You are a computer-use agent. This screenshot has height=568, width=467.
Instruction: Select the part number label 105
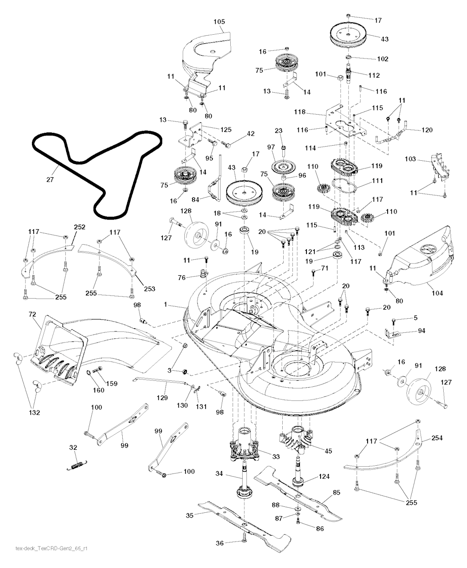pyautogui.click(x=219, y=21)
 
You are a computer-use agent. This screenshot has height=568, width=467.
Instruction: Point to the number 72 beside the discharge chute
pyautogui.click(x=32, y=314)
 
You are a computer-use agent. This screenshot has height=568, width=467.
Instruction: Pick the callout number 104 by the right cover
pyautogui.click(x=437, y=293)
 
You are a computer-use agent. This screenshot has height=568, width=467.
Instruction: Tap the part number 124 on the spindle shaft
pyautogui.click(x=324, y=476)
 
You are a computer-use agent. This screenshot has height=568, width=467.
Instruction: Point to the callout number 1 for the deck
pyautogui.click(x=166, y=305)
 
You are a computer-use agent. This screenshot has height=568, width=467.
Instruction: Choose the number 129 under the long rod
pyautogui.click(x=162, y=398)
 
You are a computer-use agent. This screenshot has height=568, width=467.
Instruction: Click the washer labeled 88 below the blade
pyautogui.click(x=298, y=509)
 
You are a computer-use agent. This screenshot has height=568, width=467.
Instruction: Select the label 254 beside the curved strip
pyautogui.click(x=437, y=438)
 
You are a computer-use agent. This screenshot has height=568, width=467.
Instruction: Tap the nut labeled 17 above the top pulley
pyautogui.click(x=348, y=16)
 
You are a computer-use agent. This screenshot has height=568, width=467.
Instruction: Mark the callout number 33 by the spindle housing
pyautogui.click(x=276, y=457)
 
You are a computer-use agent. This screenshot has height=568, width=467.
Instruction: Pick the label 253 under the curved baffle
pyautogui.click(x=150, y=289)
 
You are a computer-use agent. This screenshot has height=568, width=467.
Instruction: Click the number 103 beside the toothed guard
pyautogui.click(x=410, y=159)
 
